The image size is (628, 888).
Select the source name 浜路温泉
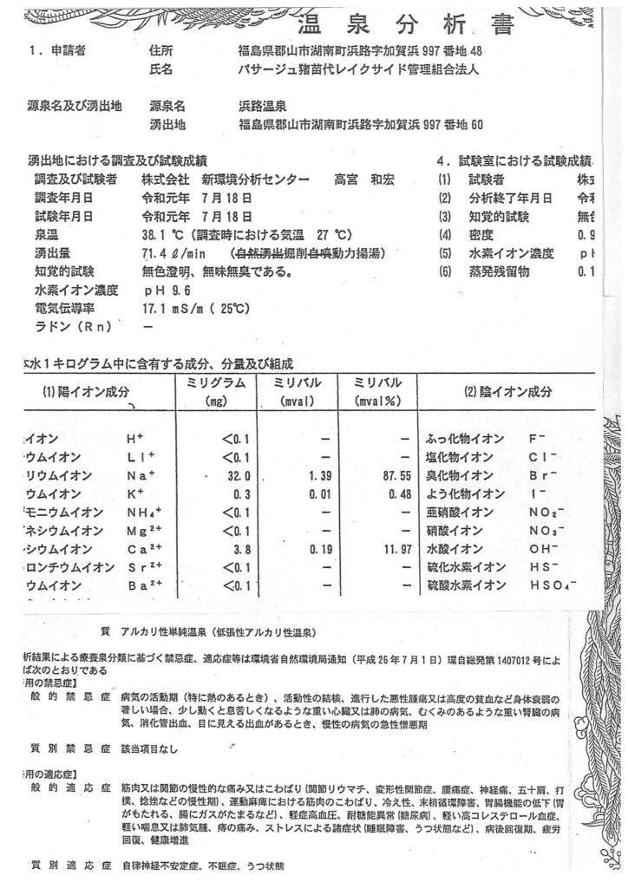coord(261,106)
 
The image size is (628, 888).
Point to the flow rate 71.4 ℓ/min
coord(173,253)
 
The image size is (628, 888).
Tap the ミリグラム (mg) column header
coord(211,392)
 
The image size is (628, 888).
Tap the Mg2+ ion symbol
coord(145,530)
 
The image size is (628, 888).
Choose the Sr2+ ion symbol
coord(144,567)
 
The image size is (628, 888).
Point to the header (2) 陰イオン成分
coord(507,392)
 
